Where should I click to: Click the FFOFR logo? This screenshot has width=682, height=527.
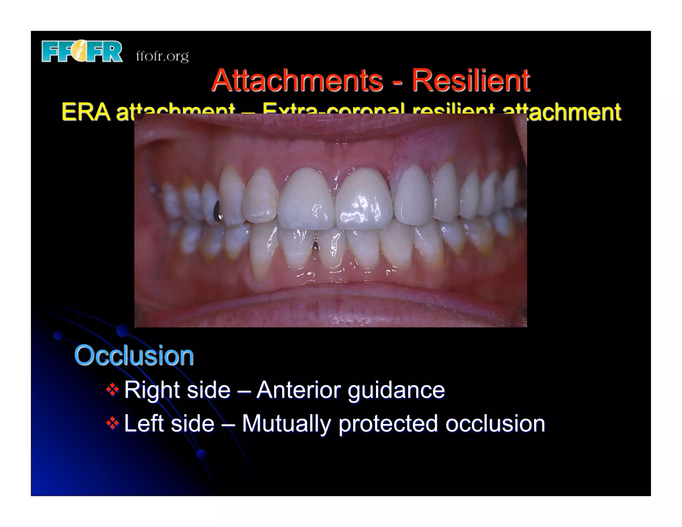click(x=82, y=51)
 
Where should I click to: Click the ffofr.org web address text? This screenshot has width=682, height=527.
click(x=162, y=56)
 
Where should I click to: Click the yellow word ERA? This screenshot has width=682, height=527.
click(x=86, y=112)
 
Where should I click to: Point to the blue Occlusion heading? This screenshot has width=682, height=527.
click(x=134, y=355)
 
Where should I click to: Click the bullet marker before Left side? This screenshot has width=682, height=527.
click(x=113, y=423)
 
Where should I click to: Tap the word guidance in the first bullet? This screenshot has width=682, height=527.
click(x=396, y=390)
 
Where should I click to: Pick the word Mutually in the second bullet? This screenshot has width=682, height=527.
click(x=286, y=424)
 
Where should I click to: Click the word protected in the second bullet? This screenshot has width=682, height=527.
click(x=388, y=424)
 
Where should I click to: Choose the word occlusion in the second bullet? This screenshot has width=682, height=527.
click(x=495, y=423)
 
